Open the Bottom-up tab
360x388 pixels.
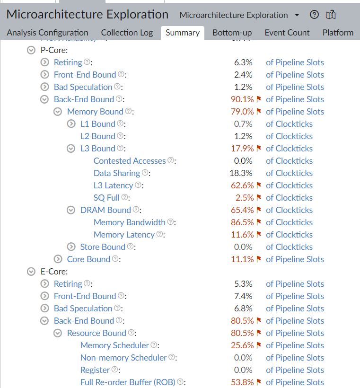(x=232, y=33)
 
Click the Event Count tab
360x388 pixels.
(x=287, y=33)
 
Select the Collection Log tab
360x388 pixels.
(x=127, y=33)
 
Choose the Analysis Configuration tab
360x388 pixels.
(x=47, y=33)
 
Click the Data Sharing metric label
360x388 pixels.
(x=117, y=173)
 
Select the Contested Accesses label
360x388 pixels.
(x=130, y=161)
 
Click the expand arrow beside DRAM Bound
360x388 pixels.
(x=71, y=210)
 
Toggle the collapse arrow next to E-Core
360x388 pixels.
(x=31, y=272)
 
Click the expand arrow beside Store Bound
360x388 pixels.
(x=71, y=247)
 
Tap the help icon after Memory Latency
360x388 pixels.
(x=160, y=234)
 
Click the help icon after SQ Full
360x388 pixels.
(x=125, y=197)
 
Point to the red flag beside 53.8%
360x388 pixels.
(x=259, y=382)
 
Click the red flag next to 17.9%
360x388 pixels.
(x=259, y=149)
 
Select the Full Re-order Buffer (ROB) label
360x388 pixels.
(x=128, y=382)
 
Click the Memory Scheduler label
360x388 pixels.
(x=114, y=345)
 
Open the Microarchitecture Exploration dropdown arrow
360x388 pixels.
(x=297, y=15)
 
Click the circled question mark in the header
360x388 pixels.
(x=314, y=15)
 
